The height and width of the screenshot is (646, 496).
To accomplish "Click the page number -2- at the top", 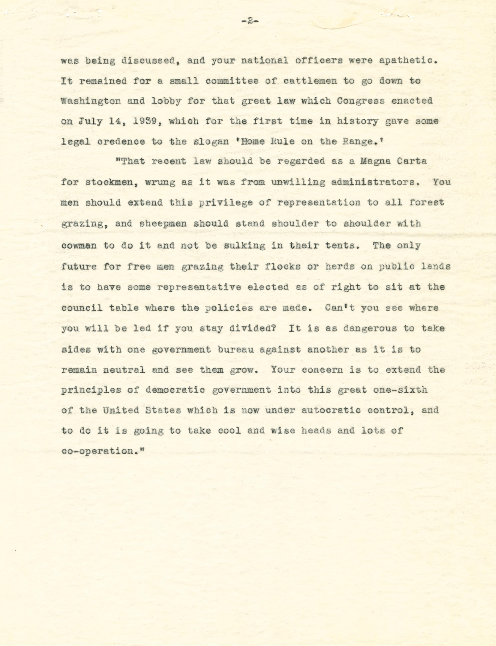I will pyautogui.click(x=250, y=21).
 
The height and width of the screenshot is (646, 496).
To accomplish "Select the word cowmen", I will pyautogui.click(x=79, y=245).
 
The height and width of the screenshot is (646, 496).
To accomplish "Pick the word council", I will pyautogui.click(x=82, y=308).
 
